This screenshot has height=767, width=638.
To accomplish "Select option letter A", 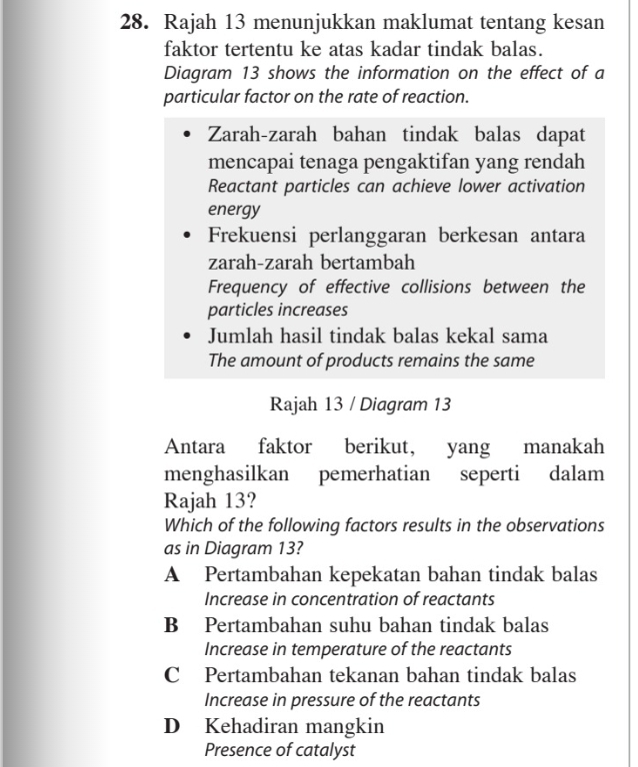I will click(173, 575).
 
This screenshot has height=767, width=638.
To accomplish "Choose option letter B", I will click(173, 626).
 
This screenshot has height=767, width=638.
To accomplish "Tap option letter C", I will click(173, 676).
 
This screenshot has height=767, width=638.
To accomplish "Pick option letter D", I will click(173, 726).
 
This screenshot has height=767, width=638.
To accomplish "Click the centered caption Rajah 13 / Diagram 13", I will click(361, 404).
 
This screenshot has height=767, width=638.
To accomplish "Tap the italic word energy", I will click(233, 211).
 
